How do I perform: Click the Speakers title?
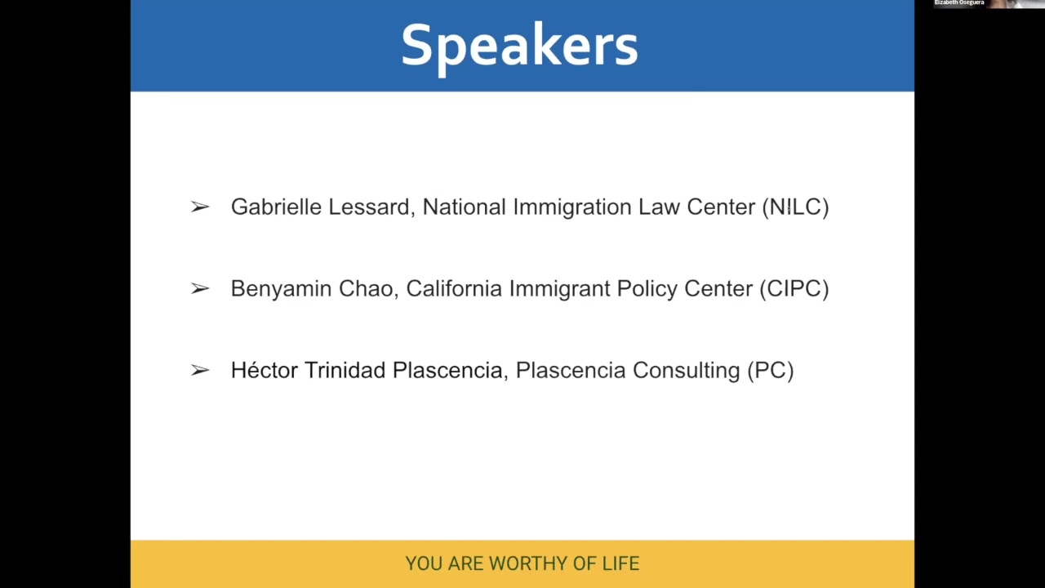[x=519, y=46]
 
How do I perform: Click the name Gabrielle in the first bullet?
[x=276, y=207]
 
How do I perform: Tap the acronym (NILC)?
[x=795, y=207]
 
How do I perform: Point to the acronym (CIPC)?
[x=794, y=289]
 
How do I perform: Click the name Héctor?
[x=264, y=371]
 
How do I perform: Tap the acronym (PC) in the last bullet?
[x=770, y=371]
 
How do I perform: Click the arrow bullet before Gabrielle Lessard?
[x=200, y=207]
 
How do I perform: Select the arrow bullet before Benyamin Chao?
[x=200, y=289]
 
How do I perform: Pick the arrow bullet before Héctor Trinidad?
[x=200, y=371]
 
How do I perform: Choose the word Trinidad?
[x=345, y=371]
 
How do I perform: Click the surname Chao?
[x=366, y=289]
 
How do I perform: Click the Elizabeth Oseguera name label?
[x=958, y=3]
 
